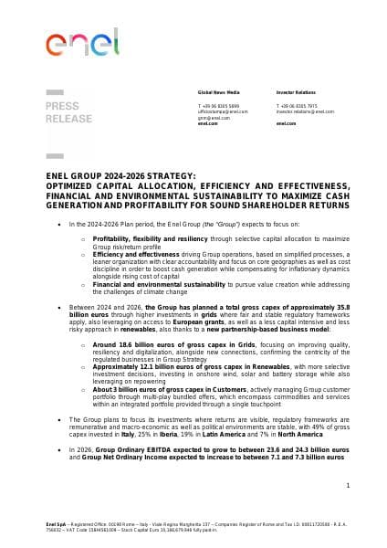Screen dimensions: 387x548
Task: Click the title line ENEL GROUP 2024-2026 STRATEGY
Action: (x=120, y=174)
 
